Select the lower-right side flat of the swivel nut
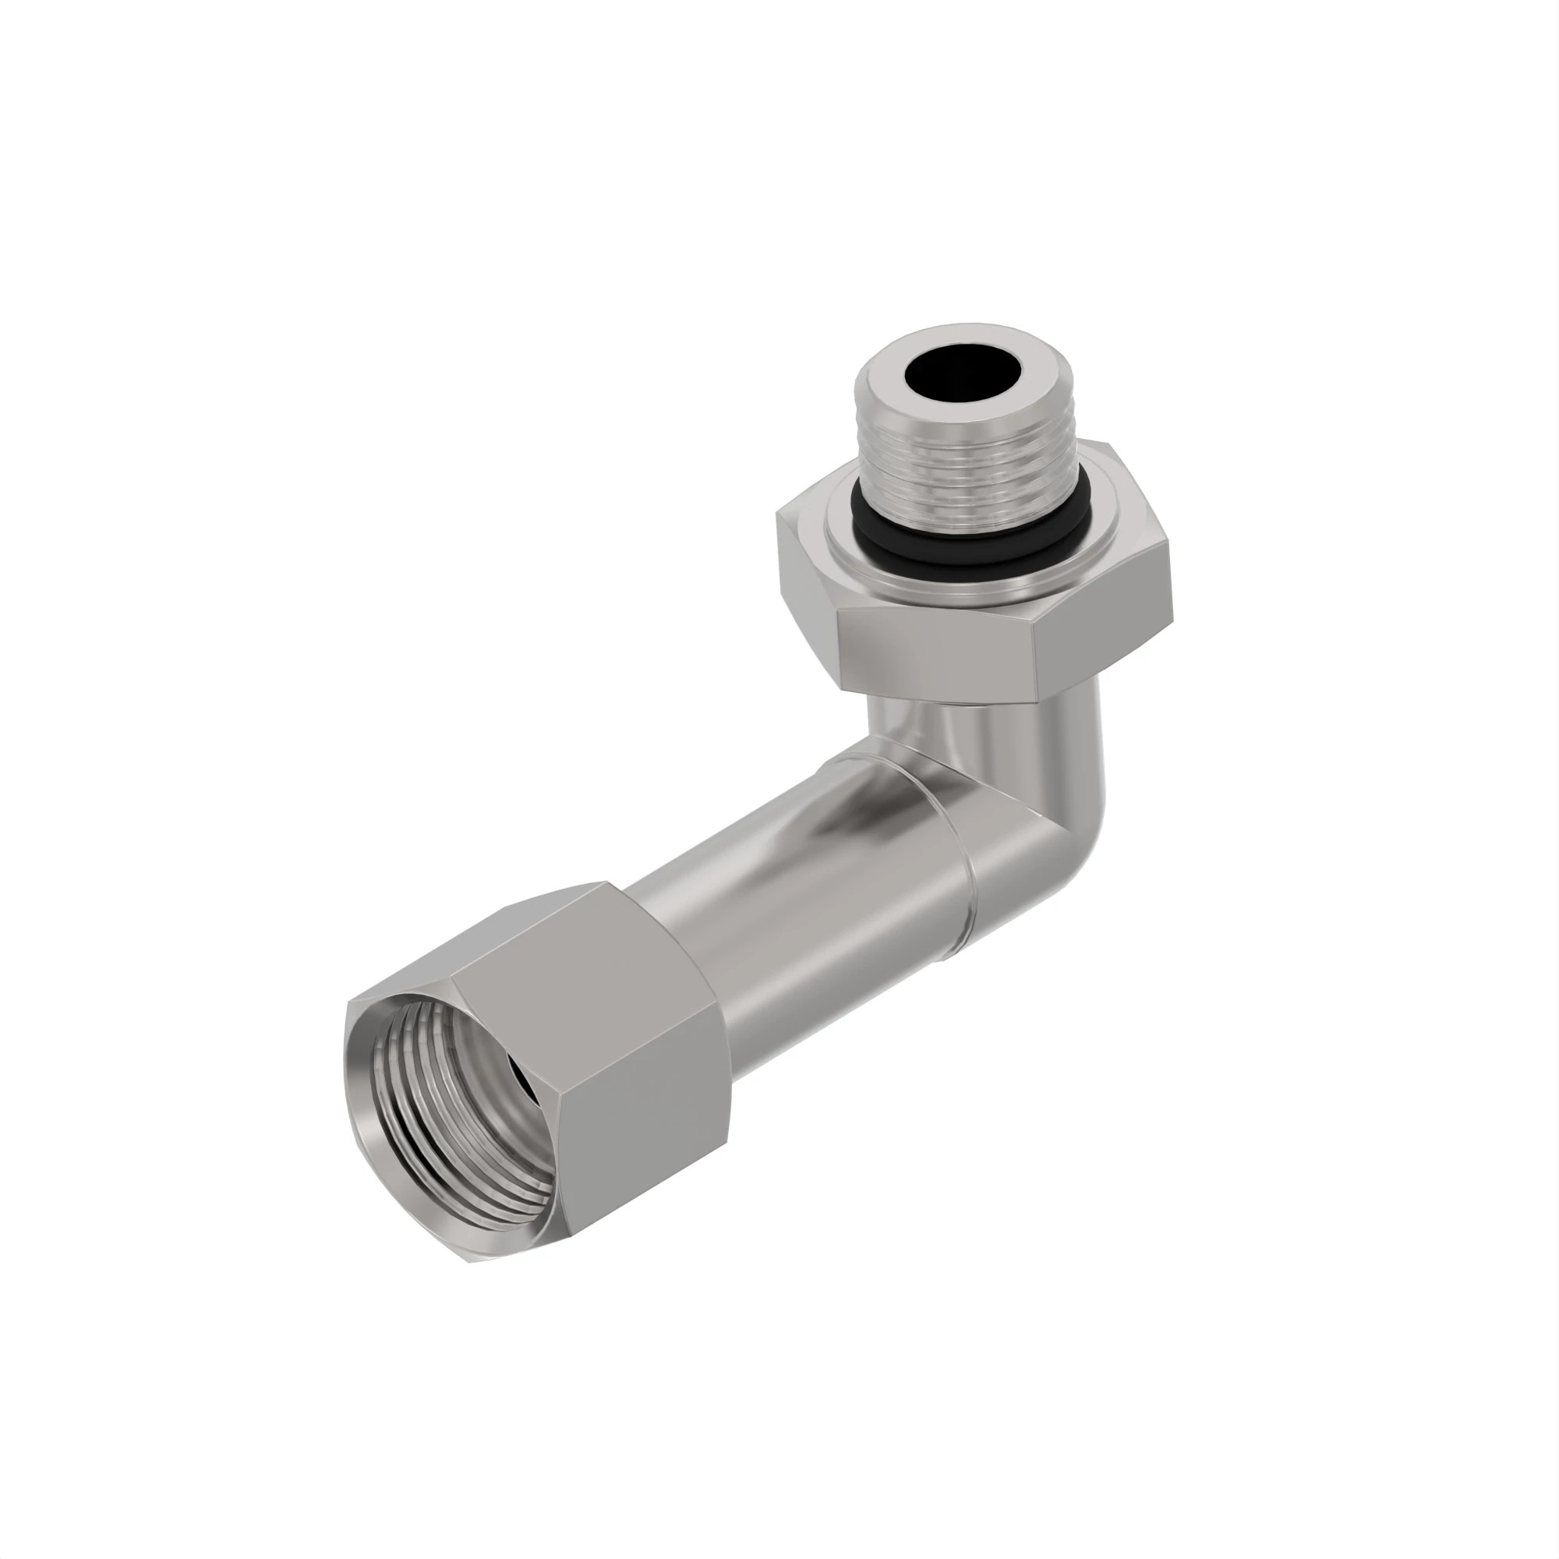tap(645, 1129)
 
